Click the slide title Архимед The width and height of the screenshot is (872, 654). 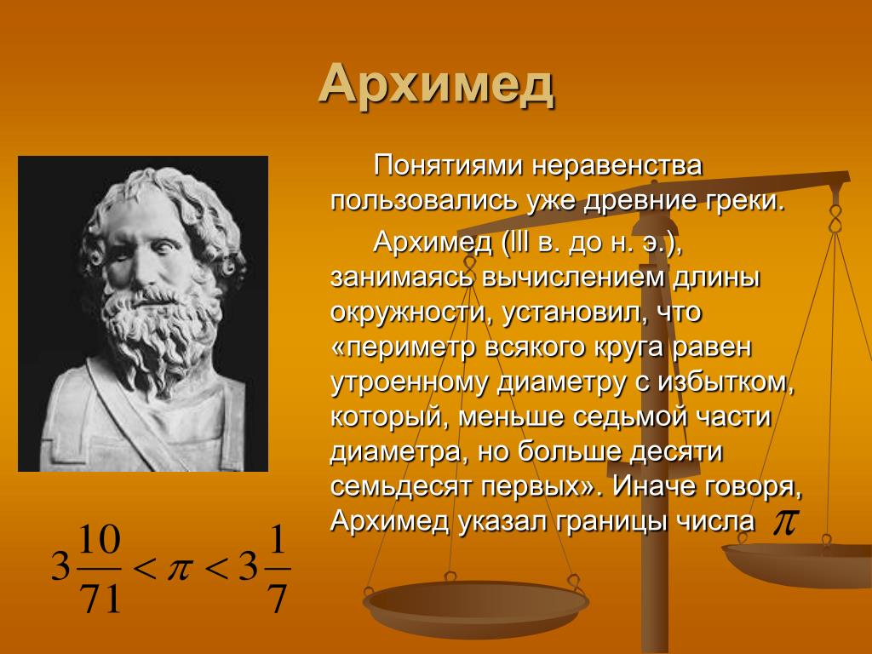[x=437, y=85]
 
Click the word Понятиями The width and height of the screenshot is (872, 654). [x=446, y=166]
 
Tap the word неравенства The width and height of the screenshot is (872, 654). [x=617, y=166]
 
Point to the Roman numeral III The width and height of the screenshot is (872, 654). [x=517, y=242]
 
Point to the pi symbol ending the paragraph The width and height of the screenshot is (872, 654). [x=783, y=522]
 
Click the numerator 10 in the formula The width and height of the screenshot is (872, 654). [x=100, y=540]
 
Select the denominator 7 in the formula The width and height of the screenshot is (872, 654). [x=277, y=599]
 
